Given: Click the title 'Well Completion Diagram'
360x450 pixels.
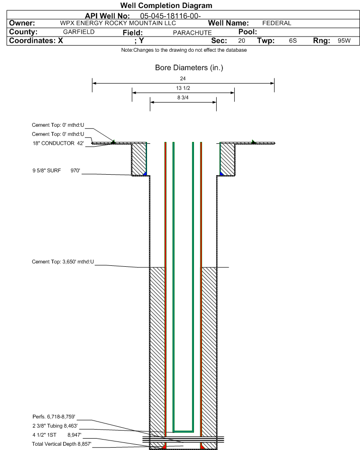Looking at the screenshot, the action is [166, 5].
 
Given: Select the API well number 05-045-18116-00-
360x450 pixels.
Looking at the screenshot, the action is [170, 16].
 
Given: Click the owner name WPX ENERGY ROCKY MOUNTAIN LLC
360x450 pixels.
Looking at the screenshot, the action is [118, 23].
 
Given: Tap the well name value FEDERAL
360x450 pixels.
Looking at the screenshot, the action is [277, 23].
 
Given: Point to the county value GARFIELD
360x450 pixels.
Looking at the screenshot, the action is [79, 32].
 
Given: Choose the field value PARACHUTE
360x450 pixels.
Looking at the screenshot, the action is [192, 33].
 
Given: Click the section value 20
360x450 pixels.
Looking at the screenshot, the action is [241, 41].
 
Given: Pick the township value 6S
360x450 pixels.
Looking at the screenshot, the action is [293, 41].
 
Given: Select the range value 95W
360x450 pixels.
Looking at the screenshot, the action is [344, 41].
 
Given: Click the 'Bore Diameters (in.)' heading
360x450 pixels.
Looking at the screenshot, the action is [189, 68].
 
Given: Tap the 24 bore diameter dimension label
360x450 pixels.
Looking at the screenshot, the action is [183, 78].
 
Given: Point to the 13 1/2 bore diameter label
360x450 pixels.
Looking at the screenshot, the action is [183, 88].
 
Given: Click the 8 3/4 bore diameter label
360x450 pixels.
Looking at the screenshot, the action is [183, 98].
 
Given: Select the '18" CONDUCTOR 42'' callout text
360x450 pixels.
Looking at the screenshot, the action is [58, 143].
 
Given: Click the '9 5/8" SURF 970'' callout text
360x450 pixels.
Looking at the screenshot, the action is [56, 170].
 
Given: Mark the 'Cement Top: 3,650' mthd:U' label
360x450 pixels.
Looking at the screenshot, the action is [63, 262].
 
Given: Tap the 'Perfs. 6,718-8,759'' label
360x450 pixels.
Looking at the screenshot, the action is [54, 417].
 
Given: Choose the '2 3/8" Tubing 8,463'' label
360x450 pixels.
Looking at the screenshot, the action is [55, 426].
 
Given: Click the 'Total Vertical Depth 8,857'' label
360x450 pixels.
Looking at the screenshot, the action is [62, 444].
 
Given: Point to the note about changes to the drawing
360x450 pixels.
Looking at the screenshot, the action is [184, 50].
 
